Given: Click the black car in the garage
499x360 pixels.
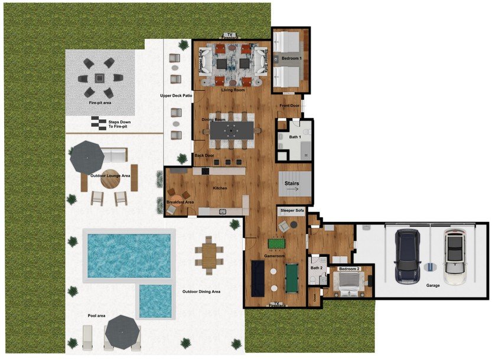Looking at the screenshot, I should point(407,257).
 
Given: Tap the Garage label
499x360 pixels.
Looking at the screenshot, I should point(433,285).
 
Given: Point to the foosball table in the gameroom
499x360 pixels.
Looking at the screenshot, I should point(276,243).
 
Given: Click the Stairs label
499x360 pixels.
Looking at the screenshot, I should point(292,184).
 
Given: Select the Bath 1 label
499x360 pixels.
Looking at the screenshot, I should point(294,137).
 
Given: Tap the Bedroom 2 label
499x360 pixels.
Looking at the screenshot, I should point(349,269).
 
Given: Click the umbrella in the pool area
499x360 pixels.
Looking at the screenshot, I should point(123,330).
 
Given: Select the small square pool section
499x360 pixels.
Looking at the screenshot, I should point(155,300).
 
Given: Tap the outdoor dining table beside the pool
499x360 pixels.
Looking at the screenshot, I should point(209,255).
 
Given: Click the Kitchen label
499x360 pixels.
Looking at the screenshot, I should point(220,188).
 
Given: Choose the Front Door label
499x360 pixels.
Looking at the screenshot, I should point(289,106).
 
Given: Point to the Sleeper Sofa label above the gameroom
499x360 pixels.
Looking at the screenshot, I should point(292,210).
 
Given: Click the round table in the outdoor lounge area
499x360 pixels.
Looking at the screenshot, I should point(110,179).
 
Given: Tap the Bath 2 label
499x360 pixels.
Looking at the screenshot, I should point(316,268).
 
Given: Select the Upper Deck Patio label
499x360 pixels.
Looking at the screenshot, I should point(177,95).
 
